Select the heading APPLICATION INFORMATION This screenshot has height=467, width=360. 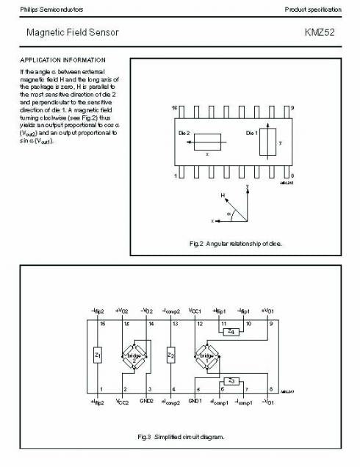pos(62,59)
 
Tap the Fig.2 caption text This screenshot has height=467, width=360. pos(235,243)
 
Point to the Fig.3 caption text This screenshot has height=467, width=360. pos(181,437)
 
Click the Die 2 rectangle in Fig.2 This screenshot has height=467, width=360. pos(208,141)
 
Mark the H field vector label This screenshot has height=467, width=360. pos(223,195)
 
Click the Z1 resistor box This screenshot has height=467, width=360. pos(98,356)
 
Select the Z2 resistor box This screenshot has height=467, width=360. pos(170,356)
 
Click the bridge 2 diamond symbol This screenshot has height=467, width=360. pos(134,355)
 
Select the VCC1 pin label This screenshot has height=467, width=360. pos(195,311)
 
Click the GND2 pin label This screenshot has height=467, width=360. pos(146,401)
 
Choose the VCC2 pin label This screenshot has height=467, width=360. pos(122,402)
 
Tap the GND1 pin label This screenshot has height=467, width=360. pos(195,401)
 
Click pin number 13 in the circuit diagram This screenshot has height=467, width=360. pos(175,323)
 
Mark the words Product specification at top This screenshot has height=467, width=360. pos(313,9)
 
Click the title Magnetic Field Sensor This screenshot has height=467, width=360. pos(72,33)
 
